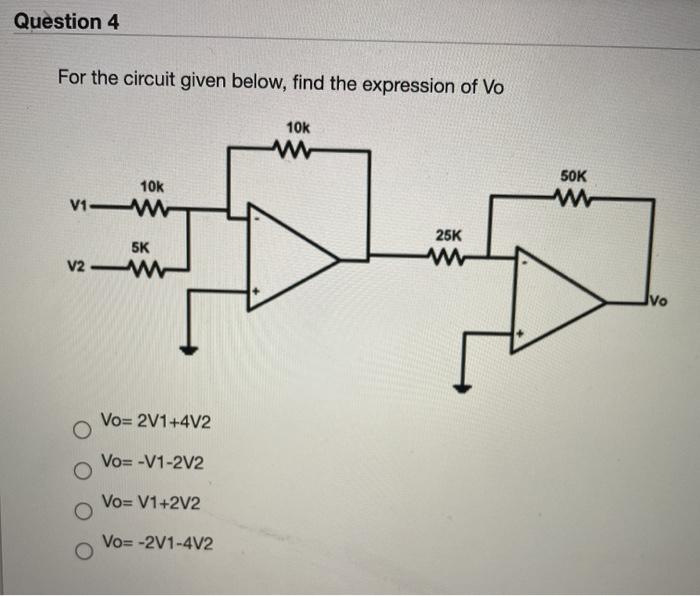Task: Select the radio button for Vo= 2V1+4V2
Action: click(x=81, y=430)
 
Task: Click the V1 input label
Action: click(x=79, y=208)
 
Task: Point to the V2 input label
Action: click(x=77, y=267)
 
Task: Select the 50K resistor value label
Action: click(x=574, y=175)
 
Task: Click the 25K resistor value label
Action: click(x=449, y=235)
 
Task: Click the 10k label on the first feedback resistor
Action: click(x=298, y=128)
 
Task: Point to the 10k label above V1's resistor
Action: click(x=151, y=187)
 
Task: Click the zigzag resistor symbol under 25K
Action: click(x=445, y=259)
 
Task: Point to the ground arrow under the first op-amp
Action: click(x=187, y=349)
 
